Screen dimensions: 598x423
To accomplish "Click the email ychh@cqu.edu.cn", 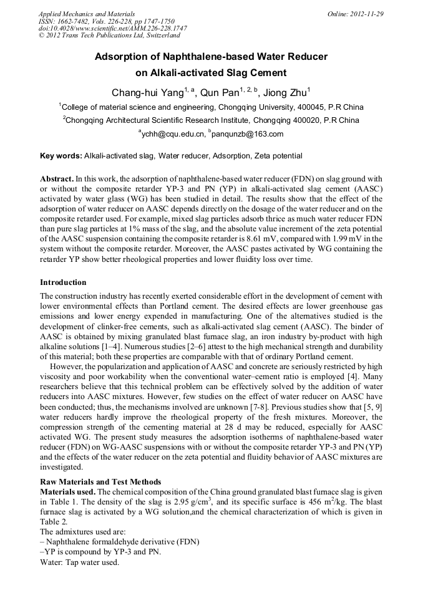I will coord(173,133).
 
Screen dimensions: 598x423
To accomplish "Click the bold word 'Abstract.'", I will coord(57,178).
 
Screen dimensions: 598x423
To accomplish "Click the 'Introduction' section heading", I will coord(63,282).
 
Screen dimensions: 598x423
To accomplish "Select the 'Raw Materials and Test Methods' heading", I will coord(100,481).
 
